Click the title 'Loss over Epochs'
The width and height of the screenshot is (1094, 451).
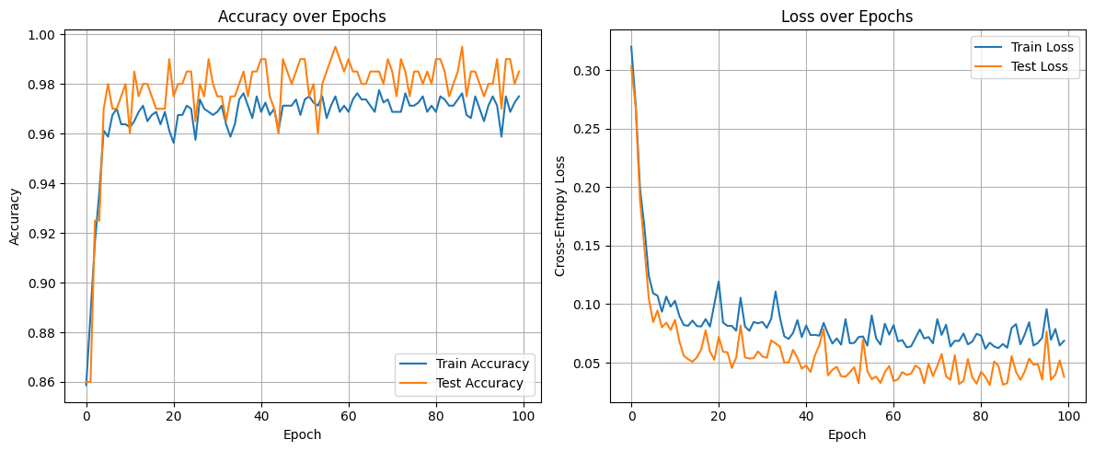tap(846, 16)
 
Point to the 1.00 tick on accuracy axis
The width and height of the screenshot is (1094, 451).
tap(45, 35)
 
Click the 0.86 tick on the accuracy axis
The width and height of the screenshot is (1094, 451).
tap(45, 382)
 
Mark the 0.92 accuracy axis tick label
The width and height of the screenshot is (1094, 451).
tap(45, 234)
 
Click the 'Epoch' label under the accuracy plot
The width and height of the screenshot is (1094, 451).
tap(305, 434)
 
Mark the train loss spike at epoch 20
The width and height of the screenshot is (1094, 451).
tap(719, 282)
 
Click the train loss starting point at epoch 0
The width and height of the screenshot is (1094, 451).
tap(631, 47)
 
